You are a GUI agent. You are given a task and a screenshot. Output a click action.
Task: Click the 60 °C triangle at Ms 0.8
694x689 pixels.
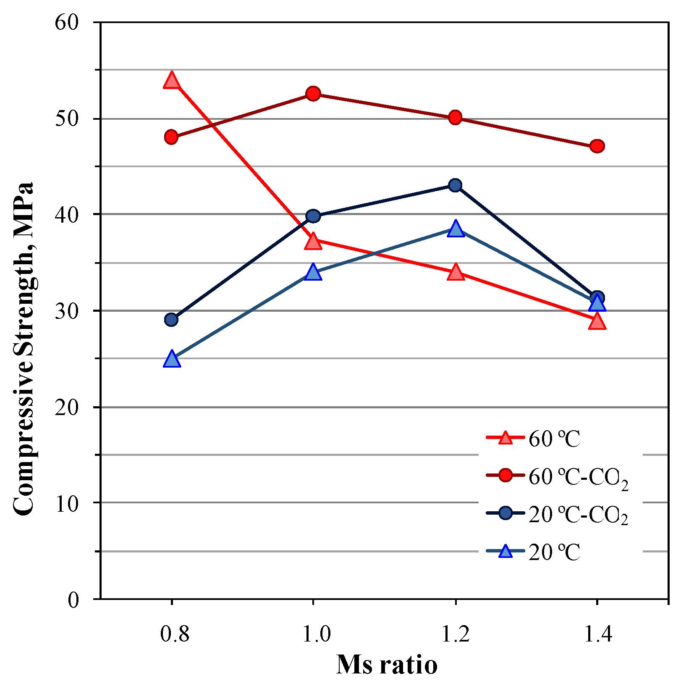pos(171,80)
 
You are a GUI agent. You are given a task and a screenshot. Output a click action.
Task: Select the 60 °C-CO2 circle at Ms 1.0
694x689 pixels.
pos(313,94)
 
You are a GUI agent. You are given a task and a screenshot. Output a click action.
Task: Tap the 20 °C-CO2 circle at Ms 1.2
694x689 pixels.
pos(455,185)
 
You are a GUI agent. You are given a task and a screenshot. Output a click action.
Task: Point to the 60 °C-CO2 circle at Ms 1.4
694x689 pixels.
pos(597,146)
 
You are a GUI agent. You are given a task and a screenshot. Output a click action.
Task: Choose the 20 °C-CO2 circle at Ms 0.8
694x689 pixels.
pos(171,320)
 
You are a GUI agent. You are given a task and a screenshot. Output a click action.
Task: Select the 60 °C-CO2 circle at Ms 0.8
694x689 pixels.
pos(171,137)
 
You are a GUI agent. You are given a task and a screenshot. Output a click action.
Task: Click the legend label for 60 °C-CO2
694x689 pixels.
pos(578,478)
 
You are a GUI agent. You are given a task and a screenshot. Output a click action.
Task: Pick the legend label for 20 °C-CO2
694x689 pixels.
pos(578,515)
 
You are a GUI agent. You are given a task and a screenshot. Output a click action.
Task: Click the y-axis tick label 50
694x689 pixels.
pos(67,119)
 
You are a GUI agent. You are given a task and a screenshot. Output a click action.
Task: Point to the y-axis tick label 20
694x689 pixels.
pos(67,408)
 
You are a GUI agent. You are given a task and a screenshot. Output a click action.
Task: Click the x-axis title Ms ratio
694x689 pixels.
pos(387,665)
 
